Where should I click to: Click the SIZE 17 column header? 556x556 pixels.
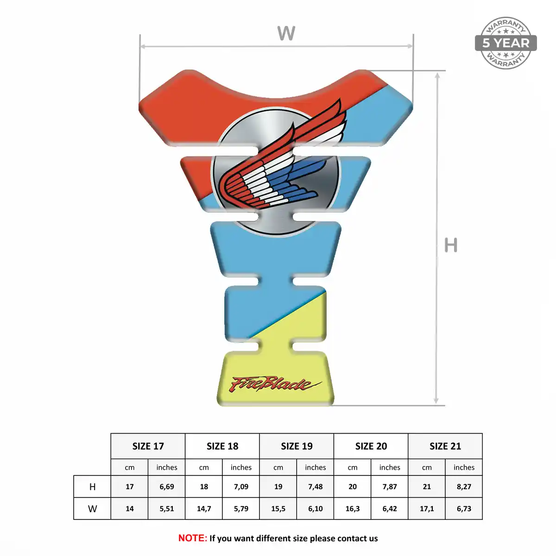148,446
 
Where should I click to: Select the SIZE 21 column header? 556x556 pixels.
445,446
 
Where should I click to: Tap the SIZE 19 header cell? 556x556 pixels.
297,446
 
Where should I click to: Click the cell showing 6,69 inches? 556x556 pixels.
166,486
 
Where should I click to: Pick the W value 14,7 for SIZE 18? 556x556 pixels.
204,508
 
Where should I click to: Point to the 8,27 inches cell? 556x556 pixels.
464,486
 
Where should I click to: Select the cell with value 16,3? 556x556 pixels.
352,508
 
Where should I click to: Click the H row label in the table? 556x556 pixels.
92,487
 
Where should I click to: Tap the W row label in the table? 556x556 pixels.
92,509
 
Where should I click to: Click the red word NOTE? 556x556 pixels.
192,538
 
